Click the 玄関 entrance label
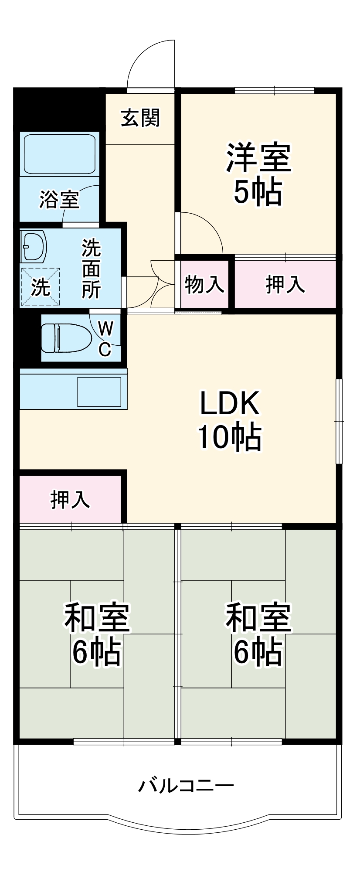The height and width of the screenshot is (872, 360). click(140, 118)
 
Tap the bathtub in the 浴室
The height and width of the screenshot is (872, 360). click(60, 153)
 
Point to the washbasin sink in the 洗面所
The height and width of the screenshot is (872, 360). click(34, 247)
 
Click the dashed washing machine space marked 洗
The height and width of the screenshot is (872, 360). click(40, 286)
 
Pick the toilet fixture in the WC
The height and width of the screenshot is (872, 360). click(65, 337)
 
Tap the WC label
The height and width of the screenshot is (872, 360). click(105, 338)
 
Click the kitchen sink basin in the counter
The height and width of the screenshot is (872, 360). click(99, 392)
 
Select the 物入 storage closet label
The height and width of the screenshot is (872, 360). click(204, 285)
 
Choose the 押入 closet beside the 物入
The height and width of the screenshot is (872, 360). click(285, 285)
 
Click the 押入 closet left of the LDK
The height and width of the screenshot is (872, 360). click(70, 499)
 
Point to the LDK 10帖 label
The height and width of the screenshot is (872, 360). click(230, 420)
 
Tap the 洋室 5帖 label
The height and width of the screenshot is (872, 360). click(258, 174)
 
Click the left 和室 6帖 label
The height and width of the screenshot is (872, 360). click(97, 634)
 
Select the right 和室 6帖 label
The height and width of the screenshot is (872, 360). click(258, 634)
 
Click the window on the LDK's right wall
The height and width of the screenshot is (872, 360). click(339, 421)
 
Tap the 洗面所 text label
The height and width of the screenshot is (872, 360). click(92, 269)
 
